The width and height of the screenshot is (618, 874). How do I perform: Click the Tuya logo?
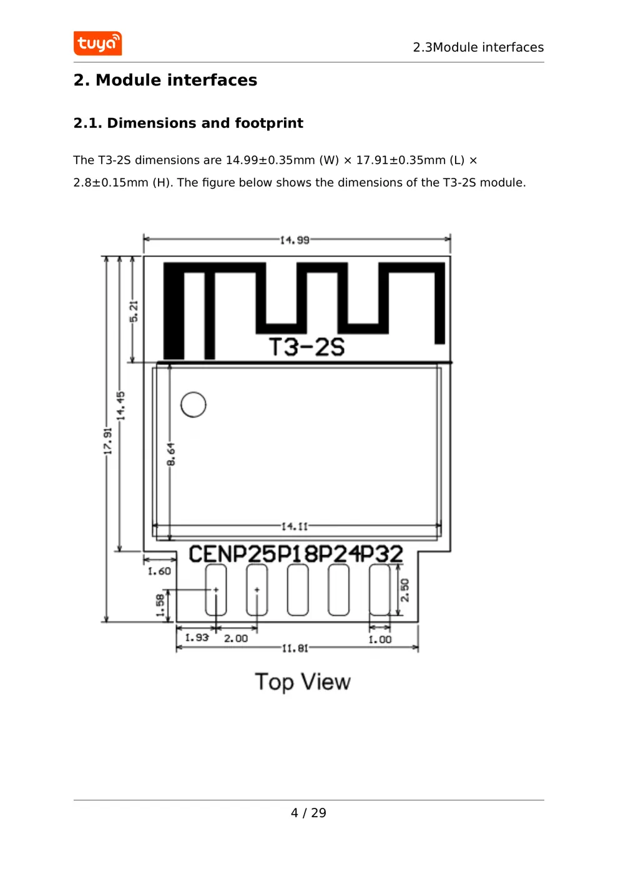[97, 44]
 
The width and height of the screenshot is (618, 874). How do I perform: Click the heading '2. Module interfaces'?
[165, 80]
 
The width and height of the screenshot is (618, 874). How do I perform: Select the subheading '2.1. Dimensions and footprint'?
[188, 123]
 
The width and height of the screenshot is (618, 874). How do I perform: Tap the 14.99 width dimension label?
[295, 240]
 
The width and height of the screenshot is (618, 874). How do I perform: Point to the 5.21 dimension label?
[134, 311]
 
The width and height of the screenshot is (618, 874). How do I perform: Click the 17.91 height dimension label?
[108, 441]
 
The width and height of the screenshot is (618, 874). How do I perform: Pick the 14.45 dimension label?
[121, 405]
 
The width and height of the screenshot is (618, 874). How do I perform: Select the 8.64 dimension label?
[171, 454]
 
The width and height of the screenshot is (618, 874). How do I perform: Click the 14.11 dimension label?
[295, 526]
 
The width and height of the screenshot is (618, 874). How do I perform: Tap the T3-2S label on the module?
[307, 346]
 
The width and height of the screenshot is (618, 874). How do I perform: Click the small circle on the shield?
[194, 405]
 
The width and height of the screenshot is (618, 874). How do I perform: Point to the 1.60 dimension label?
[159, 571]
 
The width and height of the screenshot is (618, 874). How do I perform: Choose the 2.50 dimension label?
[405, 590]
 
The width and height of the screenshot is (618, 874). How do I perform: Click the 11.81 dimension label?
[295, 648]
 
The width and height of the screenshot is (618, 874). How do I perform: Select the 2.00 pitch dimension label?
[236, 638]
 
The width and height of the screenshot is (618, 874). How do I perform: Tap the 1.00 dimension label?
[380, 639]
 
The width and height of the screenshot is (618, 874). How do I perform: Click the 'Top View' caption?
[303, 682]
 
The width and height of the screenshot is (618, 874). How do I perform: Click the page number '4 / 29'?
[308, 813]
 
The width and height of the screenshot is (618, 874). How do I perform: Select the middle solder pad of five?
[298, 590]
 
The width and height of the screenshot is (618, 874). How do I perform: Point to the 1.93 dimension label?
[197, 637]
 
